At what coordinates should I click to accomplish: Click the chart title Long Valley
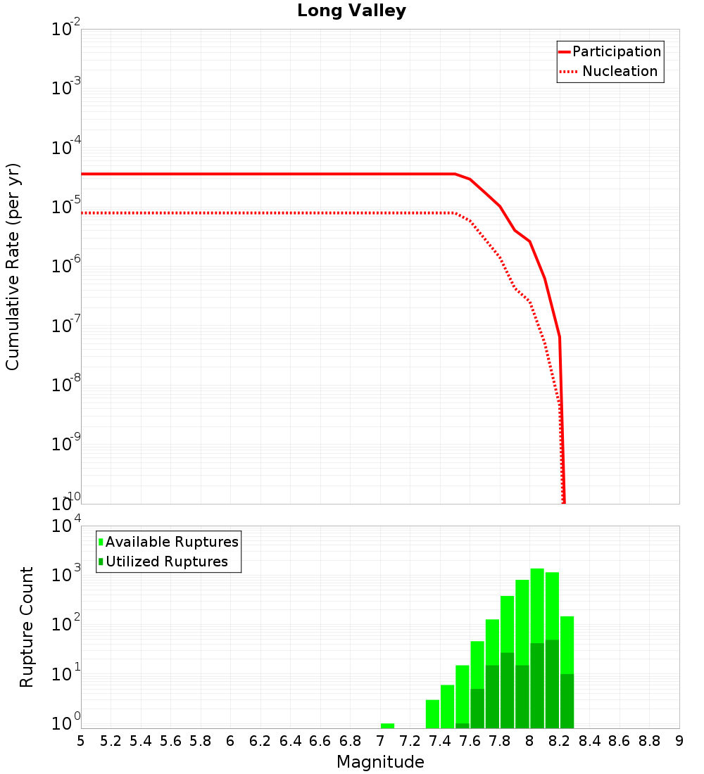[351, 11]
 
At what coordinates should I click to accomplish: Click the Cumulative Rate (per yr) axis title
[13, 267]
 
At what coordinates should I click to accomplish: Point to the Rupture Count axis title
[27, 627]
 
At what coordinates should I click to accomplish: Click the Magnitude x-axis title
[380, 762]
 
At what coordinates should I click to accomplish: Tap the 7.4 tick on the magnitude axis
[440, 741]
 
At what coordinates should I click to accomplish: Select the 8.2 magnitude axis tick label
[560, 741]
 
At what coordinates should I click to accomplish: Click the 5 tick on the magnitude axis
[81, 741]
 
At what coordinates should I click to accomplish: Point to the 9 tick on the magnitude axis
[679, 741]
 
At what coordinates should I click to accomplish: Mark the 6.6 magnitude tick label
[320, 741]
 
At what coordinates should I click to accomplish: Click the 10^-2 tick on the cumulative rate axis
[66, 30]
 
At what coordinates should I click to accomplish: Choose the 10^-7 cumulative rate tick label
[66, 326]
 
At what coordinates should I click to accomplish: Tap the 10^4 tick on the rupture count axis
[66, 527]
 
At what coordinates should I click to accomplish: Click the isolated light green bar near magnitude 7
[387, 725]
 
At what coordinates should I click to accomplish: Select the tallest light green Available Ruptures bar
[537, 612]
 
